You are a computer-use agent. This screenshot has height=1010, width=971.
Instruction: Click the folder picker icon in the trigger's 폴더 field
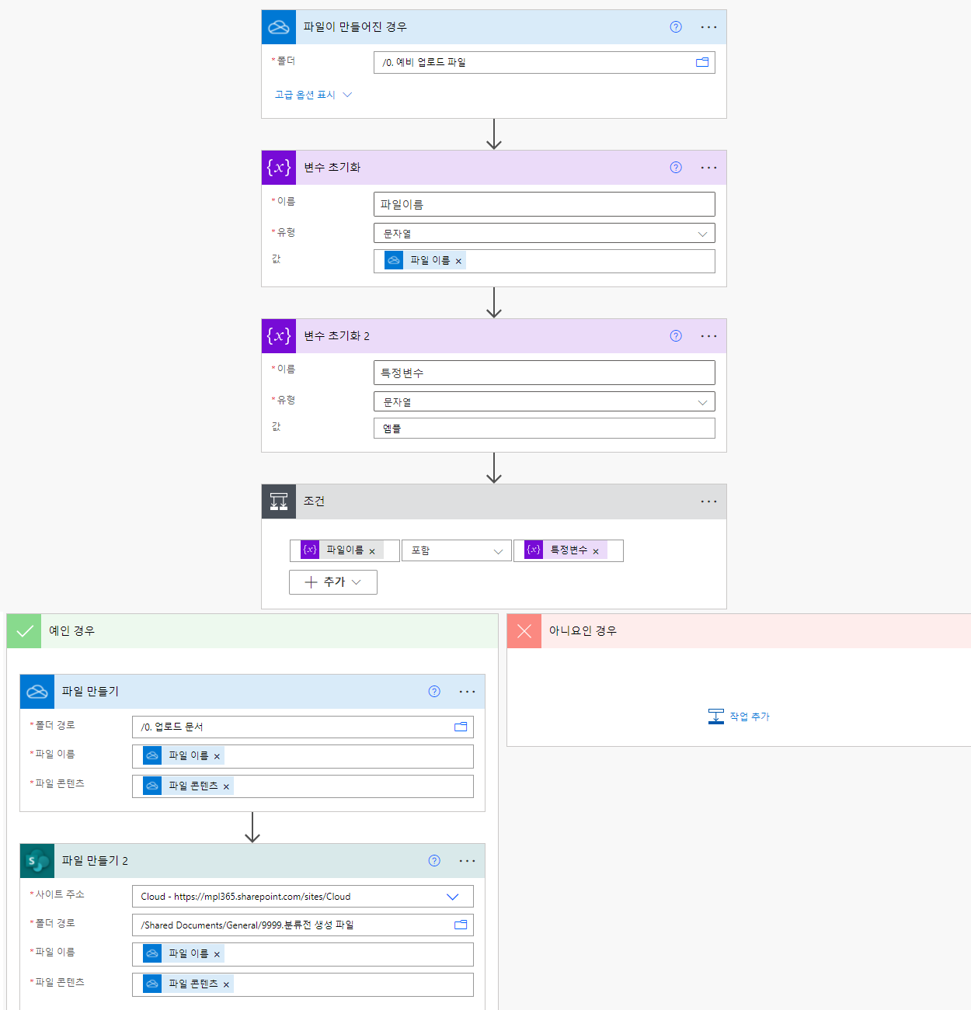click(702, 62)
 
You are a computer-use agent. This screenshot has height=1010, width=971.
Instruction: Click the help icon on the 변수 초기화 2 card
click(676, 336)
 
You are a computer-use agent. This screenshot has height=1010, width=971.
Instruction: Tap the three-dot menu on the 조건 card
click(708, 502)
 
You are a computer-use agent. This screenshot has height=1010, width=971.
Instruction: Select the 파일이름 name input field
click(544, 204)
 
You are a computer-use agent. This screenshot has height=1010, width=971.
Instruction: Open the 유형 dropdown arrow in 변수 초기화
click(702, 234)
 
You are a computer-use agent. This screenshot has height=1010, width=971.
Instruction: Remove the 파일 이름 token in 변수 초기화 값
click(458, 262)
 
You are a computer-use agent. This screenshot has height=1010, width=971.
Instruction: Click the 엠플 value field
click(544, 429)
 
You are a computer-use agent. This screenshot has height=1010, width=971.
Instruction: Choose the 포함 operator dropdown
click(456, 550)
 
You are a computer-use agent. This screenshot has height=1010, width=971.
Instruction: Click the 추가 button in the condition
click(332, 582)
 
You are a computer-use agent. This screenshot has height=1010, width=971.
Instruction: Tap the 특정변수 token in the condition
click(568, 550)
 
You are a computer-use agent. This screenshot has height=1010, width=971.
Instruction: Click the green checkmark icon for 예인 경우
click(24, 631)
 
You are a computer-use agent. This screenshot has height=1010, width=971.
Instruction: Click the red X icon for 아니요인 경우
click(524, 631)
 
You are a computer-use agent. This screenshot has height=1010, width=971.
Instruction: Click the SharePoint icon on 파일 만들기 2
click(37, 861)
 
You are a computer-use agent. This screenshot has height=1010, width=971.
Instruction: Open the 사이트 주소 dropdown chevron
click(452, 897)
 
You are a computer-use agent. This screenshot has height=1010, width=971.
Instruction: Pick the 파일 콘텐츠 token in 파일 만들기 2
click(193, 984)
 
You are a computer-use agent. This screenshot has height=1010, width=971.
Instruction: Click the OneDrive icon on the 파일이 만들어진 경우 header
click(279, 27)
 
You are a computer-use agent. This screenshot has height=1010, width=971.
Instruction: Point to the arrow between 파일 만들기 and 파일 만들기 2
click(252, 828)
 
